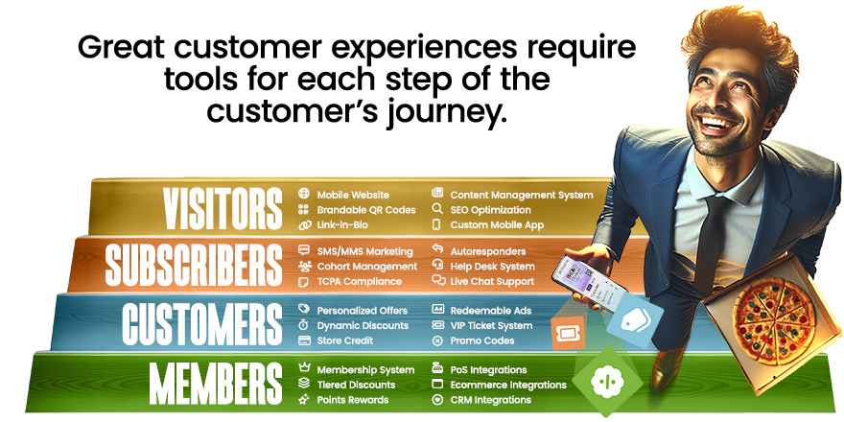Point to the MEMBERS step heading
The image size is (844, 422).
pos(215,384)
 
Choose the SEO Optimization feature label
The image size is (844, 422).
pos(490,209)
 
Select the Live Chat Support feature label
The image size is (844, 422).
pos(492,281)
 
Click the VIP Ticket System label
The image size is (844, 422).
pos(491,325)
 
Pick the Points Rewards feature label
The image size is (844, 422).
pos(352,399)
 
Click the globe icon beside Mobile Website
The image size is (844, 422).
pos(304,194)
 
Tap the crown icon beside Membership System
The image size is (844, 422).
pos(304,369)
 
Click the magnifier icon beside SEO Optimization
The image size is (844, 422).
pos(437,209)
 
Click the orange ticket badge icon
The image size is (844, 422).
pos(568,331)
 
